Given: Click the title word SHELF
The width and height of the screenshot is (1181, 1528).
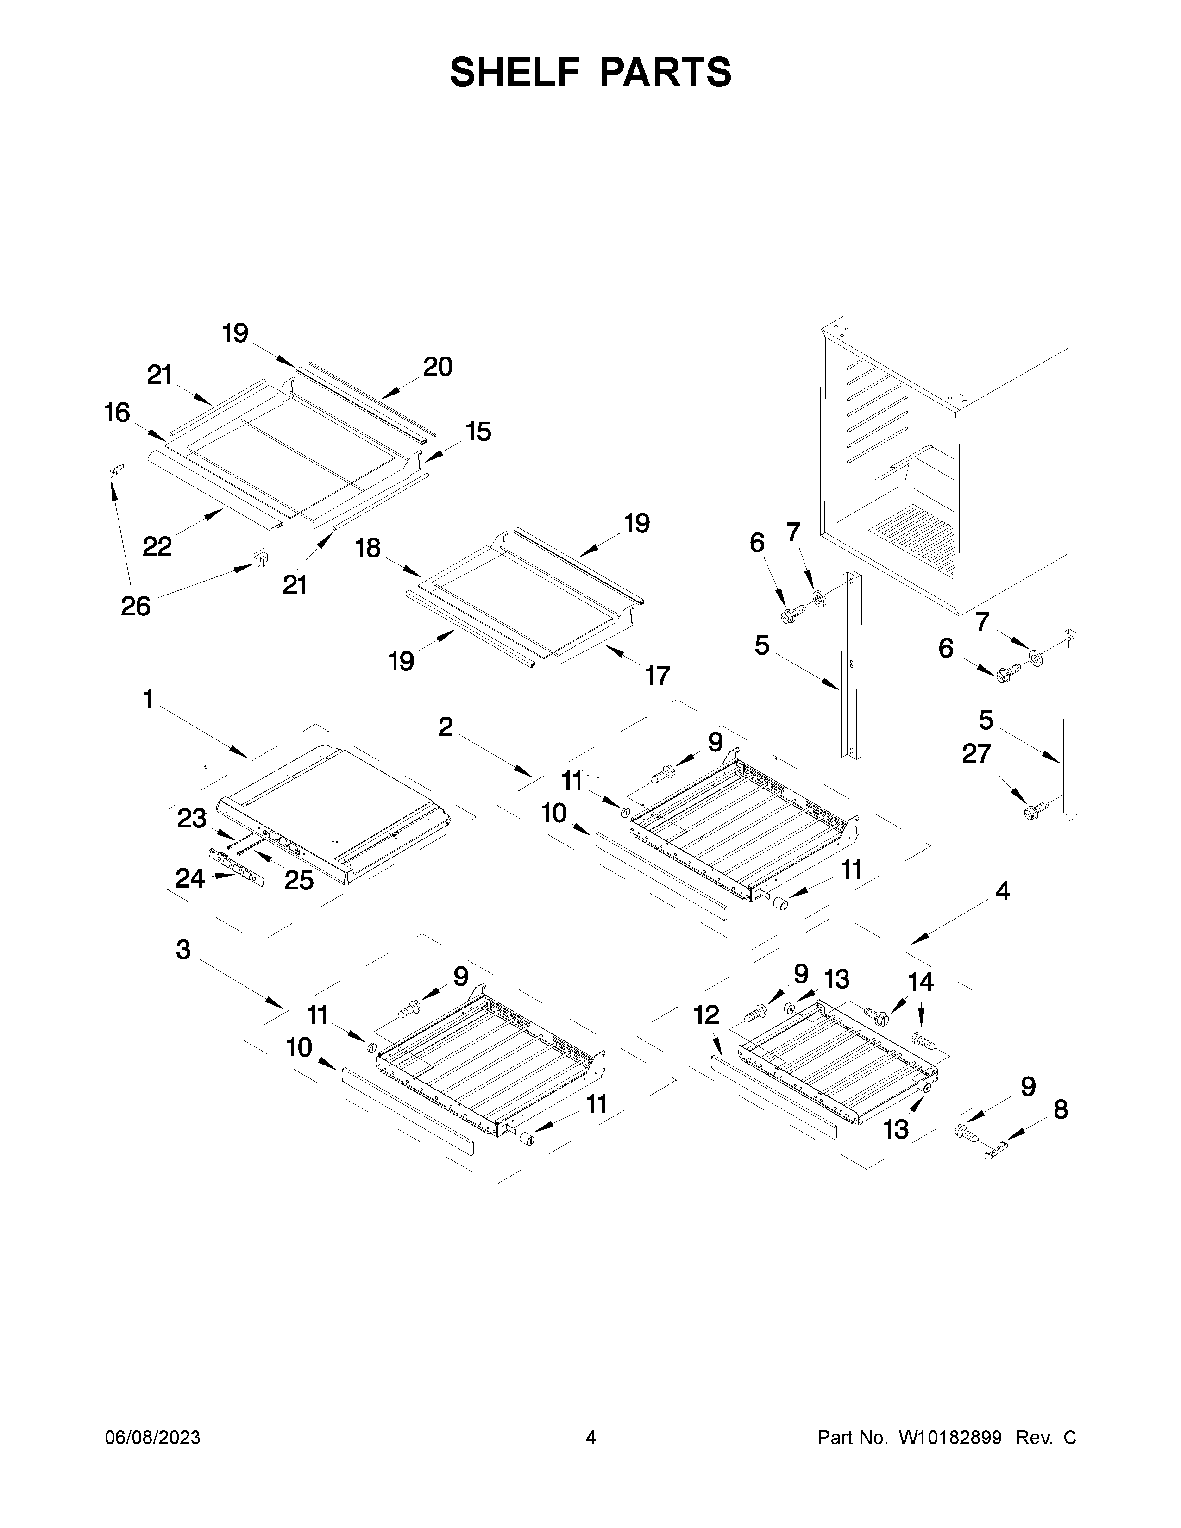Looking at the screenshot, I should [513, 72].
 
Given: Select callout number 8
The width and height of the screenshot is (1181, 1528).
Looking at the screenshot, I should [1061, 1109].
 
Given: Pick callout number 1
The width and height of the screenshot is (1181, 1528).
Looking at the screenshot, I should [148, 699].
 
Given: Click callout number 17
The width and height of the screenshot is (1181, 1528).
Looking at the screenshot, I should [658, 675].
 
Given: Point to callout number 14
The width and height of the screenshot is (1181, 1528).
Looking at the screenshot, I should [920, 982].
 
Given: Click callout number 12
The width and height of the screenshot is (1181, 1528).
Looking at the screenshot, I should [707, 1014].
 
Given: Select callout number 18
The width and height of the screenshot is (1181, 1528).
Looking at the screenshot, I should [368, 548].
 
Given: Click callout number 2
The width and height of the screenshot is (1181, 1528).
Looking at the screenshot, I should [446, 727].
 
